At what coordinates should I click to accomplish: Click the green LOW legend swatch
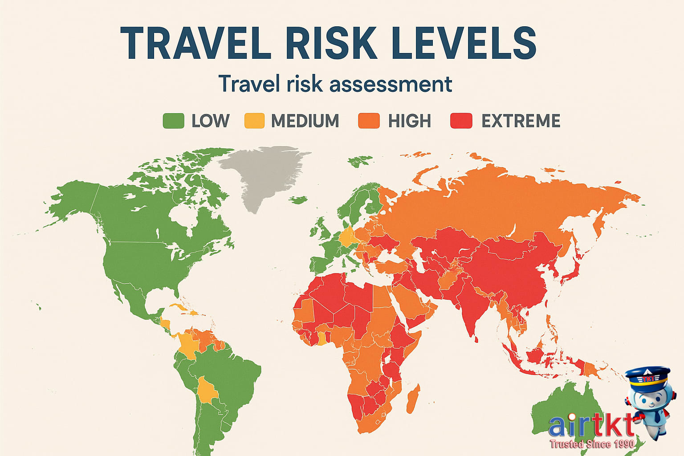[x=173, y=121]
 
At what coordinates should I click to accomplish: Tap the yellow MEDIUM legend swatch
[x=254, y=121]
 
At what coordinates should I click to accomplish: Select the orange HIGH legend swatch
[x=369, y=121]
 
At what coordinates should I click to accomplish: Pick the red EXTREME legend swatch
[x=461, y=121]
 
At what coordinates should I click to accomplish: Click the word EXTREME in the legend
[x=521, y=121]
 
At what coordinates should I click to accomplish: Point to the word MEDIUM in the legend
[x=305, y=121]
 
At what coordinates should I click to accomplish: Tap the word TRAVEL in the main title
[x=195, y=43]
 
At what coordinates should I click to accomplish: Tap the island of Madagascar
[x=413, y=399]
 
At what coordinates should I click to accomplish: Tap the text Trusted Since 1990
[x=592, y=444]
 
